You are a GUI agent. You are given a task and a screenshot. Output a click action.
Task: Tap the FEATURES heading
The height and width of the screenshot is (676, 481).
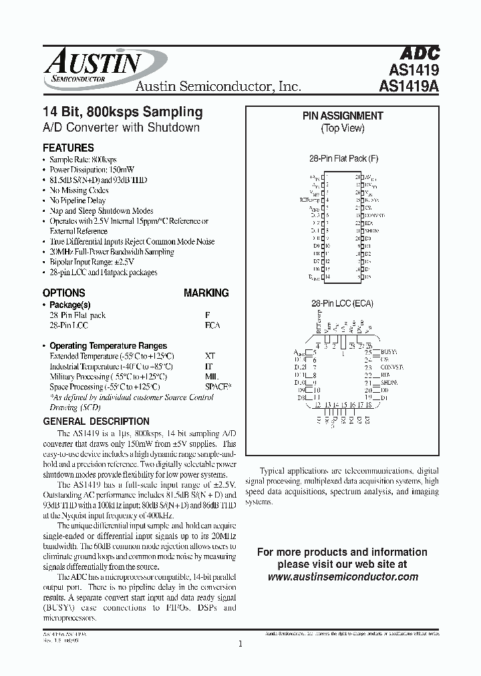coord(68,148)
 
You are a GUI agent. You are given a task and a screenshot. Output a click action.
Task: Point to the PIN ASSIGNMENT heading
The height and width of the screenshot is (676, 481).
coord(343,116)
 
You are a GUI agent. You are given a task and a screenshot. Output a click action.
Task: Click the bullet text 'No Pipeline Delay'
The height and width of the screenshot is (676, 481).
coord(77,200)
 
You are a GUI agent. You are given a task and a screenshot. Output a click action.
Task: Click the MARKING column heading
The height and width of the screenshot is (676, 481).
coord(206,293)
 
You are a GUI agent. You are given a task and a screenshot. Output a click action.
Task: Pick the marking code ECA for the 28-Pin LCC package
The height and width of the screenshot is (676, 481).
coord(212,325)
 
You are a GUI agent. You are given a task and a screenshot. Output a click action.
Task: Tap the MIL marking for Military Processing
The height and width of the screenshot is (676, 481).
coord(211,377)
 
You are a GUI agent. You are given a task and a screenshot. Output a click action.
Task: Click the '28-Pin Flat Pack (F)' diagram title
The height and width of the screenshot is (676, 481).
coord(343,160)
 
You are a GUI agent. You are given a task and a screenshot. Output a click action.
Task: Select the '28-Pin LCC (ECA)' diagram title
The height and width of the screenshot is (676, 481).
coord(343,303)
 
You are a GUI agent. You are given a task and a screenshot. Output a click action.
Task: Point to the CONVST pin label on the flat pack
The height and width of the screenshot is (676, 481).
coord(375,216)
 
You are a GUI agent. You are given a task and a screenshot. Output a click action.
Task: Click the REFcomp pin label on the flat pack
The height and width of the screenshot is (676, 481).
coord(313,200)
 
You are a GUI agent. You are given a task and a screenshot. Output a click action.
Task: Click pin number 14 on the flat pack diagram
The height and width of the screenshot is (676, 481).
coord(326,276)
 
